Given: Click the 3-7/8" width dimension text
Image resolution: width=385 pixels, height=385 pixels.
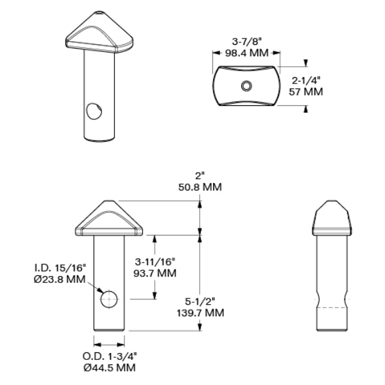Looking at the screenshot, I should click(246, 42).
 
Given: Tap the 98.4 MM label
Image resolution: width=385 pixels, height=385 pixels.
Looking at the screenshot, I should click(246, 53).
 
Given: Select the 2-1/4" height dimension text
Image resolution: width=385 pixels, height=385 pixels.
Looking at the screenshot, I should click(306, 81).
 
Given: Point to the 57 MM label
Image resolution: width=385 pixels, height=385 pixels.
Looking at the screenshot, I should click(306, 92).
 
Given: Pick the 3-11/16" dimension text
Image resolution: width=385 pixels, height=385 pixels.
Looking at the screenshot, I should click(155, 262).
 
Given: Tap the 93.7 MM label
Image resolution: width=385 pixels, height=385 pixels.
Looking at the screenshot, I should click(155, 273).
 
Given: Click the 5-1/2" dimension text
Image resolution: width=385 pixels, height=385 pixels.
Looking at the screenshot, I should click(200, 302).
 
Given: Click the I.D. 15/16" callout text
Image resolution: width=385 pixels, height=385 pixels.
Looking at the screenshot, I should click(60, 268).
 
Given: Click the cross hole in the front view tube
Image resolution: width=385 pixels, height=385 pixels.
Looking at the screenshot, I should click(109, 300).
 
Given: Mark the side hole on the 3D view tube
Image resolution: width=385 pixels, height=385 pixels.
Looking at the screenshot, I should click(94, 111).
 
